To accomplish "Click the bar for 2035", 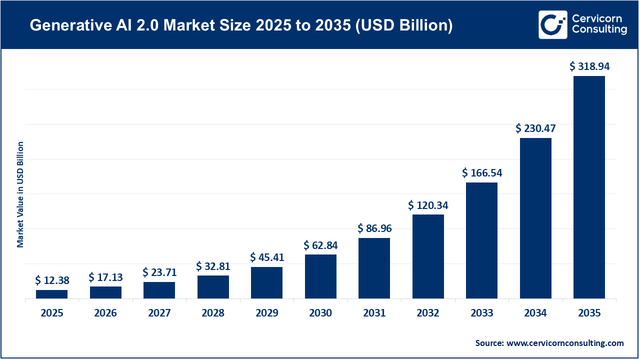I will click(x=589, y=187).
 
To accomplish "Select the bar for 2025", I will click(x=51, y=294).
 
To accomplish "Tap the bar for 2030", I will click(x=320, y=276).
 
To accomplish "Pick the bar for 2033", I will click(x=481, y=240).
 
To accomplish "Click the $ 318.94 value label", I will click(x=590, y=66).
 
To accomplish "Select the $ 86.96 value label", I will click(x=374, y=228).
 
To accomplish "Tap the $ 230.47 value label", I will click(x=535, y=128).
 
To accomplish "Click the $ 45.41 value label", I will click(x=267, y=257).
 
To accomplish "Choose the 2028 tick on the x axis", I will click(x=213, y=313).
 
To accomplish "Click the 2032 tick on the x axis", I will click(x=428, y=313).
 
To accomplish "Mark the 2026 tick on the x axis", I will click(x=105, y=313).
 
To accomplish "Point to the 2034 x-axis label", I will click(x=535, y=313).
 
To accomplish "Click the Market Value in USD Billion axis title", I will click(x=20, y=194).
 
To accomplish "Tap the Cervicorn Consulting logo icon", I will click(x=552, y=24).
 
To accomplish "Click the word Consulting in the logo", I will click(x=599, y=30).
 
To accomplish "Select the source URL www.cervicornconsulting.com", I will click(x=565, y=343).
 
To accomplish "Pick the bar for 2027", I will click(x=159, y=290).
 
